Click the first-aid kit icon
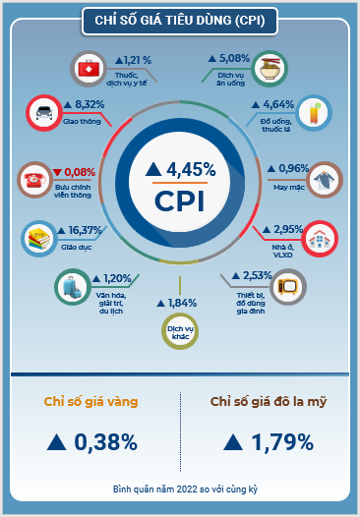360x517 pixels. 89,69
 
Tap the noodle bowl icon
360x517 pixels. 270,69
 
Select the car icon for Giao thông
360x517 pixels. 44,113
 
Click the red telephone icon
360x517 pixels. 34,180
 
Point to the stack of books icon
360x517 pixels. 39,239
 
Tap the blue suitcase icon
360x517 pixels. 72,287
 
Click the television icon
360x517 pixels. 288,287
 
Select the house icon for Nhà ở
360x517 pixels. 320,239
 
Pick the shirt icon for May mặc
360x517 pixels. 325,180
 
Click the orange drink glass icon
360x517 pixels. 314,113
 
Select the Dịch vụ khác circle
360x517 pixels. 180,331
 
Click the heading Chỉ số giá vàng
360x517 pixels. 91,402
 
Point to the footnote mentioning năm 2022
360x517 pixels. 185,488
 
